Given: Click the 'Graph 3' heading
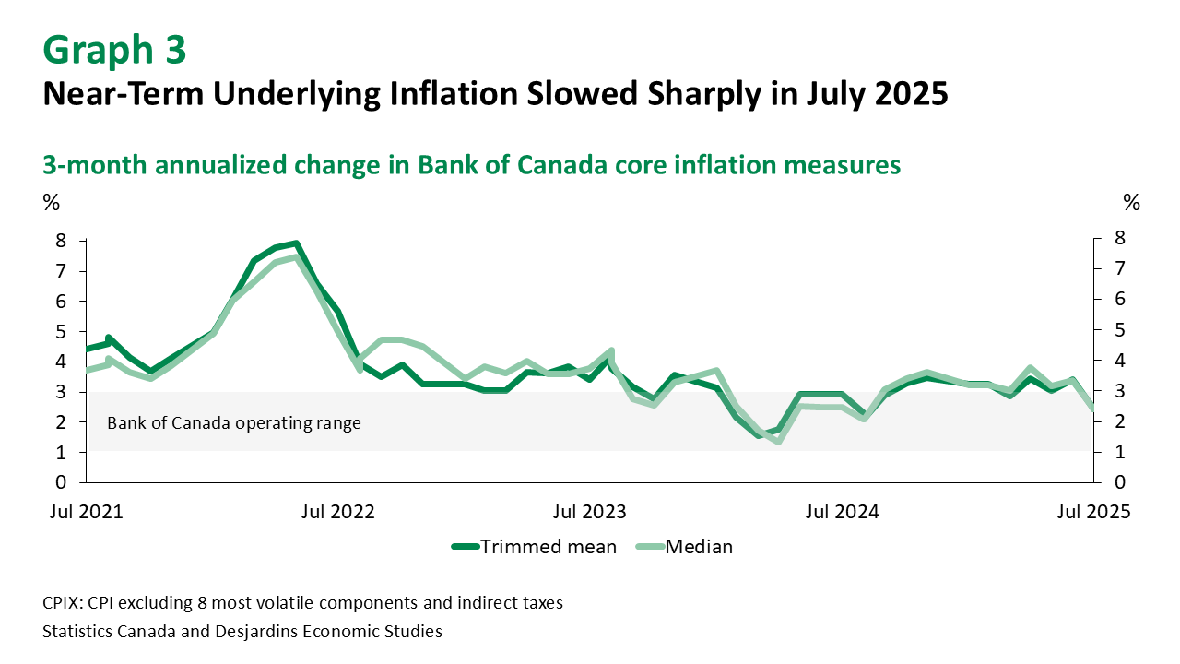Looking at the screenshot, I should (114, 51).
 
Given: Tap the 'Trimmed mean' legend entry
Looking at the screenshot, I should (535, 547).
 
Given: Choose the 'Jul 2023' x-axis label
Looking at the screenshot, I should (590, 511).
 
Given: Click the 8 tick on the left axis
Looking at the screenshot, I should (61, 241).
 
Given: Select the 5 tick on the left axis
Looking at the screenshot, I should (61, 332).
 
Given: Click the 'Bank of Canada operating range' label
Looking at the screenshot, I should (234, 424).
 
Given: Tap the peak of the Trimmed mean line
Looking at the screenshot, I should (296, 243).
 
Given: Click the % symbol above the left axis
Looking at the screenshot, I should (52, 202).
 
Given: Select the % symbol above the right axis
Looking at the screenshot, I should (1132, 202).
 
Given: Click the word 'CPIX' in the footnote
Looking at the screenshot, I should (62, 603).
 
